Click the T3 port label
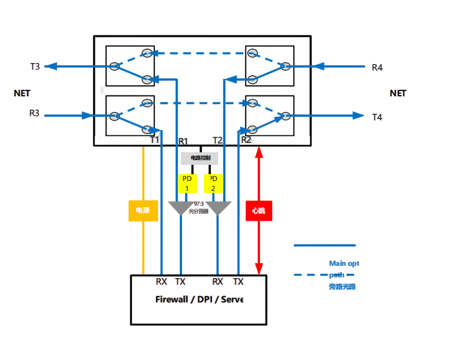pos(35,66)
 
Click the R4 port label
pos(377,67)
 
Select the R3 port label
pos(34,113)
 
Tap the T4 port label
pos(377,117)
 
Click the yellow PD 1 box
pos(187,183)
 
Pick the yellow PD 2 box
pos(213,183)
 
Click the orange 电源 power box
pos(143,210)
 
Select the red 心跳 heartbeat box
pos(259,210)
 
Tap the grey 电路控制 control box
pos(199,158)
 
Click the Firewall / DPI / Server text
pos(199,300)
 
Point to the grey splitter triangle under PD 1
pos(180,208)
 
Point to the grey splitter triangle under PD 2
pos(218,208)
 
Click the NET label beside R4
pos(397,94)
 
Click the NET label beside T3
pos(22,94)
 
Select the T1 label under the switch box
pos(155,140)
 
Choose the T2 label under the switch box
pos(218,140)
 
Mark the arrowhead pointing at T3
pos(50,66)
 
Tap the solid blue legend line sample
pos(324,245)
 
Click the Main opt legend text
pos(344,263)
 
